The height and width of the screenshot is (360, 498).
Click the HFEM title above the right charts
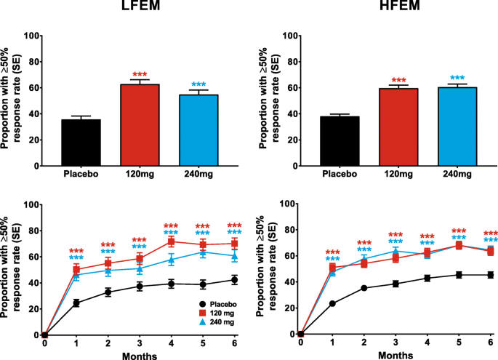(x=396, y=8)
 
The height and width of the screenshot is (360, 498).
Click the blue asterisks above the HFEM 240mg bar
(x=457, y=78)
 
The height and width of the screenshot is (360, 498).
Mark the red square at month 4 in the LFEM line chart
(x=172, y=241)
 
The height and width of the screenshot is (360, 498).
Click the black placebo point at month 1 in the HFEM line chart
(x=332, y=304)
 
